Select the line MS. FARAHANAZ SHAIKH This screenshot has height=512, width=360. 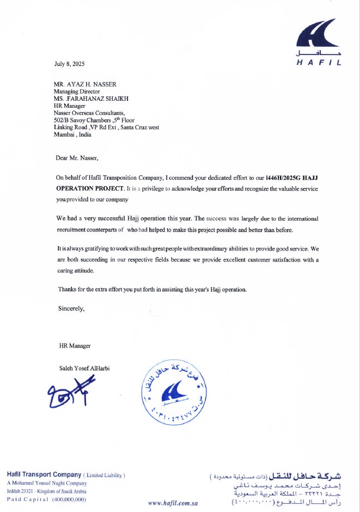tap(87, 99)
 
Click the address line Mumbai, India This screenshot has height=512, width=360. tap(73, 134)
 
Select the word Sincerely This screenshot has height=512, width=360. tap(71, 308)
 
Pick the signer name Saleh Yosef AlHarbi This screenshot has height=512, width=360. tap(84, 368)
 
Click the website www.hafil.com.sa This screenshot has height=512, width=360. tap(173, 503)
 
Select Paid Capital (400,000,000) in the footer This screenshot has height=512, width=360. tap(46, 499)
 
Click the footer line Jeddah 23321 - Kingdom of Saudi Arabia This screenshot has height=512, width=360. tap(46, 491)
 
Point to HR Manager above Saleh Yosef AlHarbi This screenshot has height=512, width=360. tap(75, 346)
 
